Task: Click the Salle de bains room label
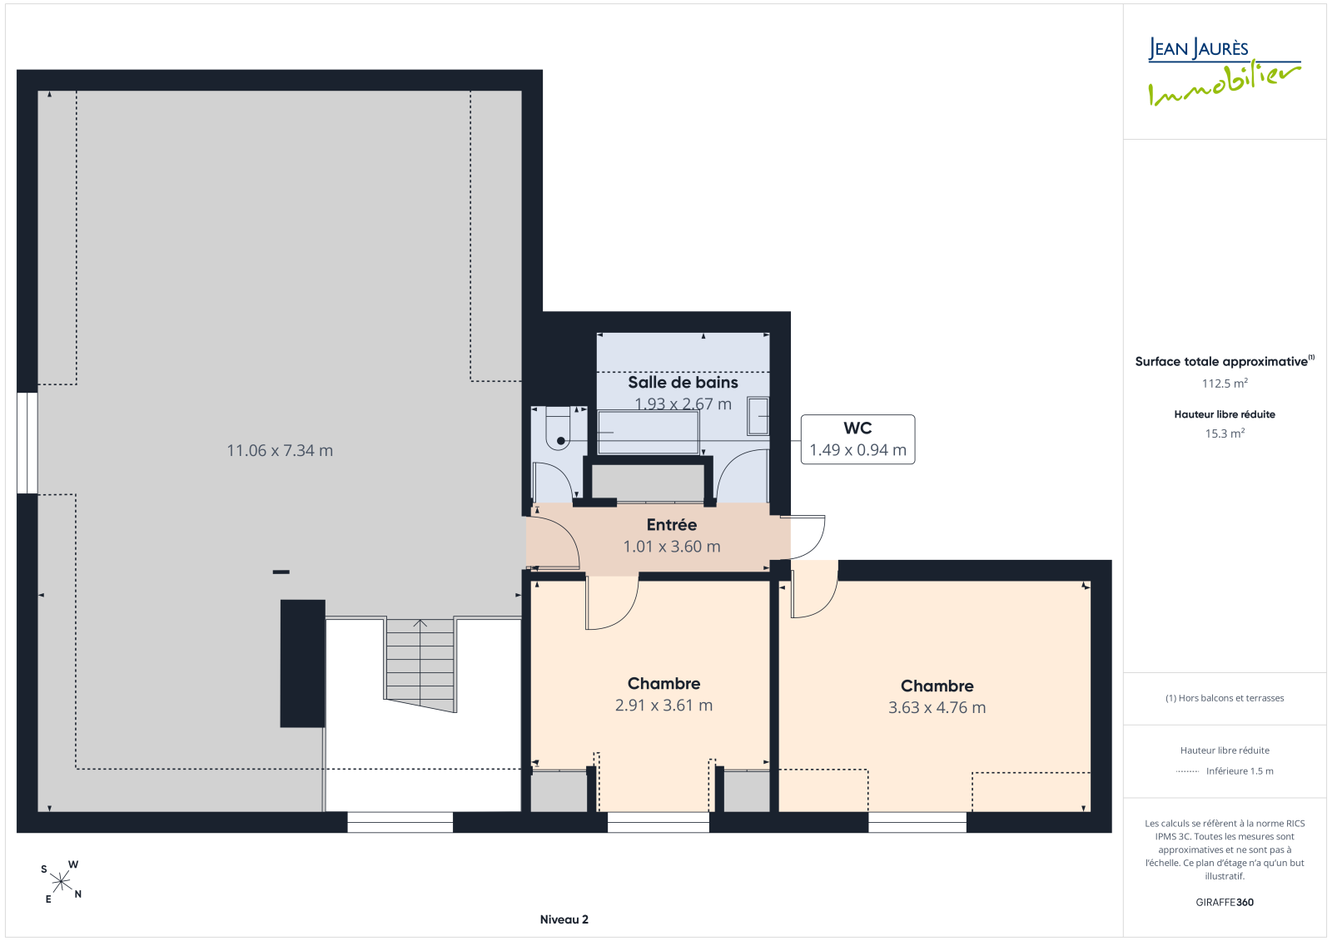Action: [683, 382]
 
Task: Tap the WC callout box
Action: [857, 439]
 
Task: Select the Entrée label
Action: [671, 525]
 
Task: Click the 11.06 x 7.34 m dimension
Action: [280, 451]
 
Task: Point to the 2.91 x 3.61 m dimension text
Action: [664, 705]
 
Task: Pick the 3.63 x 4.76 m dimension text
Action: [937, 707]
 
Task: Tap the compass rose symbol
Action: [62, 882]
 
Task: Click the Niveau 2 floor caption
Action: [564, 919]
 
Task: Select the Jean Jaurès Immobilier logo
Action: [1224, 72]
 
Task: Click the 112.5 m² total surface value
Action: [1225, 384]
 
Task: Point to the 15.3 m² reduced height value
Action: [1225, 433]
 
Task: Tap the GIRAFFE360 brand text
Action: [1225, 902]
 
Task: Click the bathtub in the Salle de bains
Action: [649, 432]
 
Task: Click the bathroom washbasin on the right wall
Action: [758, 416]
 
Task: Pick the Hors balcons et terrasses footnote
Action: [1225, 698]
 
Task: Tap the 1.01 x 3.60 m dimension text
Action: [671, 547]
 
